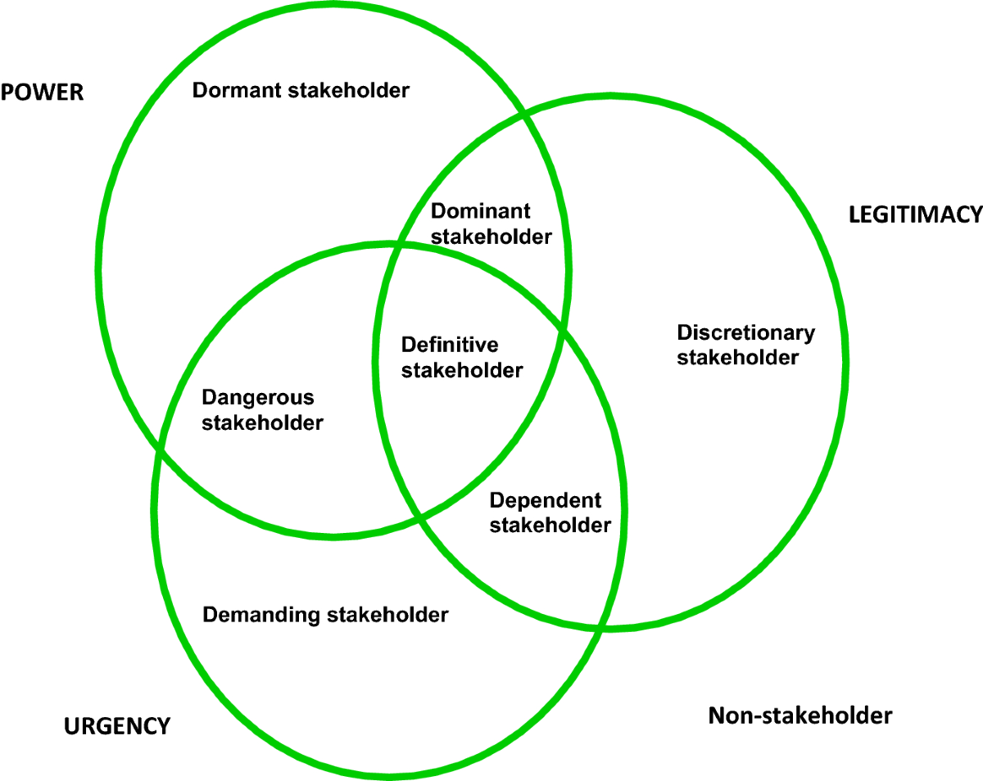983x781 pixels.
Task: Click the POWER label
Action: point(43,92)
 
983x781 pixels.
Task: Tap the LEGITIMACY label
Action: point(915,214)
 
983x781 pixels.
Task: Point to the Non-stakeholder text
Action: point(800,716)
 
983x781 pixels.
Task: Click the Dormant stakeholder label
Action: point(301,90)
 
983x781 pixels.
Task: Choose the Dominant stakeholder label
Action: point(491,223)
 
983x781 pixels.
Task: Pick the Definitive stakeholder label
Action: point(461,357)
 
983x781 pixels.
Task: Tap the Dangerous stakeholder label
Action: point(262,410)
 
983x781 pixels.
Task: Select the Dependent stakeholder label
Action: point(550,512)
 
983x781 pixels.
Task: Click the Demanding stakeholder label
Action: point(325,614)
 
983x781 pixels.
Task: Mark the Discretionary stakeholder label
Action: point(745,345)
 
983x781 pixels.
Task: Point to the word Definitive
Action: point(450,345)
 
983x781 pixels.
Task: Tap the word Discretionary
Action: point(745,332)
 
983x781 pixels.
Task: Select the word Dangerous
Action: point(257,398)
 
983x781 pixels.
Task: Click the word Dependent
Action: point(545,499)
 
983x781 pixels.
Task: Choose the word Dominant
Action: point(481,211)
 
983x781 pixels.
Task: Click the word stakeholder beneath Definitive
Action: point(461,370)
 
